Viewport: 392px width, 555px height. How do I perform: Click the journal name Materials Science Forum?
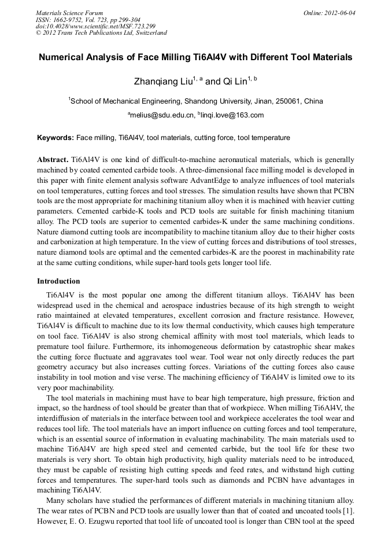pyautogui.click(x=69, y=13)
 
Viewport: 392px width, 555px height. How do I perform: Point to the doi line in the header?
pyautogui.click(x=95, y=26)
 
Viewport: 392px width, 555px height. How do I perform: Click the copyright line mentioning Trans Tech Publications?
pyautogui.click(x=101, y=33)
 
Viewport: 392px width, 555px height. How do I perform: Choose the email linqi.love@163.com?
pyautogui.click(x=232, y=115)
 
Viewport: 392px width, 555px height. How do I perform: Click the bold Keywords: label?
pyautogui.click(x=56, y=138)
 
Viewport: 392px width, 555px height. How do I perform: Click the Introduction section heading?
pyautogui.click(x=58, y=281)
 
